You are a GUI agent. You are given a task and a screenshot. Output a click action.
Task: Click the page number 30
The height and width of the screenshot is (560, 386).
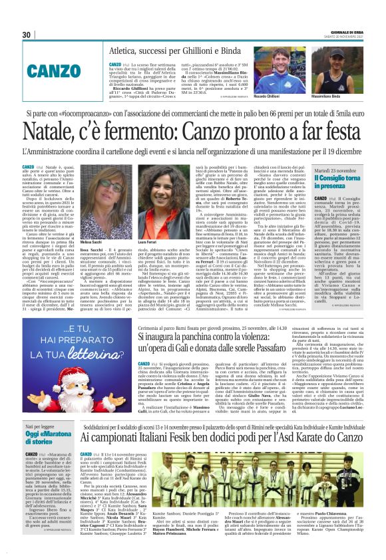click(27, 35)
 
